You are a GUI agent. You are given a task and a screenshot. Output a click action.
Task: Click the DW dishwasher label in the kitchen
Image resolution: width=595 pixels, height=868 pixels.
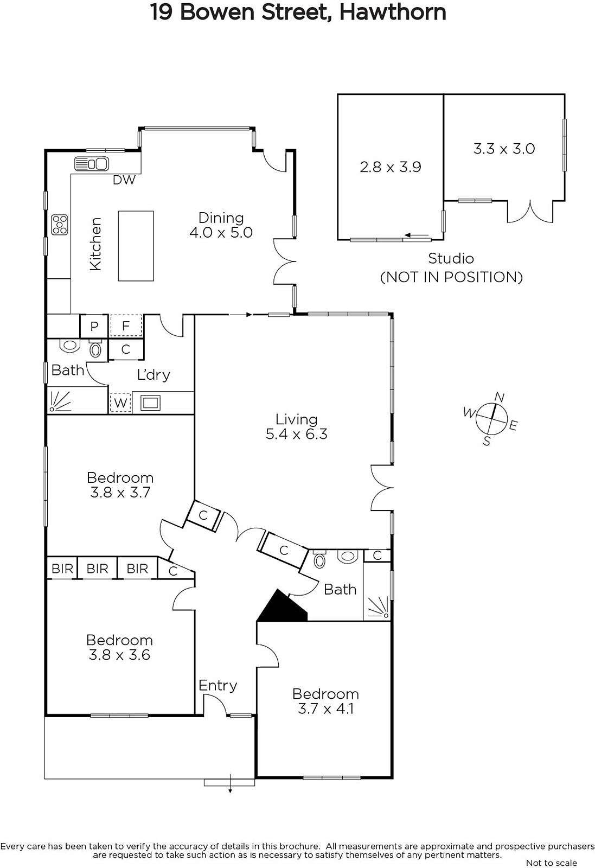(x=124, y=180)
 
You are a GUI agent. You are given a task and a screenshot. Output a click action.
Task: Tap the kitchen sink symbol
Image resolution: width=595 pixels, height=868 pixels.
(x=91, y=164)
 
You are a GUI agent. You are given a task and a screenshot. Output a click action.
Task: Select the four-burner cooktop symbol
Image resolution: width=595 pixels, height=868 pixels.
(x=60, y=225)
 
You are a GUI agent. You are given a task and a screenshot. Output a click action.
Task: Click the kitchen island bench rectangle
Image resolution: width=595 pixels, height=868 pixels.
(x=136, y=246)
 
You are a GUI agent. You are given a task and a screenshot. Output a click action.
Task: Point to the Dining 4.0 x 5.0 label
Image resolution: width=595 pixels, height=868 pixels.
(x=221, y=225)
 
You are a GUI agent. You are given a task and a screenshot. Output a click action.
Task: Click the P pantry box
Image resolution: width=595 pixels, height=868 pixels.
(x=94, y=326)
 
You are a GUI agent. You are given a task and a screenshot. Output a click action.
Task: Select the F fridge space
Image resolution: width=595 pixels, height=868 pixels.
(x=126, y=325)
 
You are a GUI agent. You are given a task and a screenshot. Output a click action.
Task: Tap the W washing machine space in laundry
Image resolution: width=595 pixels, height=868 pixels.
(x=120, y=403)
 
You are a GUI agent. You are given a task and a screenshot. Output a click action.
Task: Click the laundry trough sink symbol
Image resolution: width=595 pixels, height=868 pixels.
(x=150, y=403)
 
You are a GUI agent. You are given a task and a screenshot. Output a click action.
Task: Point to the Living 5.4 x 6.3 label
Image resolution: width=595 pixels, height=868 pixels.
(x=297, y=426)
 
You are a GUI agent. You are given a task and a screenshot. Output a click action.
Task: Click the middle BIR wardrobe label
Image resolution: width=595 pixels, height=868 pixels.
(x=97, y=569)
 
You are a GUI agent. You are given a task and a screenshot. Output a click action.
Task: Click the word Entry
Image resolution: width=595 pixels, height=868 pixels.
(x=217, y=686)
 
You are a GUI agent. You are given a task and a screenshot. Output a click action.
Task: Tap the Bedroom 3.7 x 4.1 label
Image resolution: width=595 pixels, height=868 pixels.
(x=325, y=701)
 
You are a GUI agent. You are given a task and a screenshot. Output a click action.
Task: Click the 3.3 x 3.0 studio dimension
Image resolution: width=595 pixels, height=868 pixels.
(x=504, y=149)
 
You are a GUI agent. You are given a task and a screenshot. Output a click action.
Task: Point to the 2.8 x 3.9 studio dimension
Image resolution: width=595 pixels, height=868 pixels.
(x=391, y=167)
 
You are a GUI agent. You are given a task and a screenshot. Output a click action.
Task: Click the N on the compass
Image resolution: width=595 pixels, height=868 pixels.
(x=500, y=397)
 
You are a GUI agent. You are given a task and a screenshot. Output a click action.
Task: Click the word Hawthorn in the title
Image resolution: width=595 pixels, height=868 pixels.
(x=393, y=12)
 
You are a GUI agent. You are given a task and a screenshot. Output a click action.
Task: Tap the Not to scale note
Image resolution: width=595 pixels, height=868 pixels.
(x=551, y=863)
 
